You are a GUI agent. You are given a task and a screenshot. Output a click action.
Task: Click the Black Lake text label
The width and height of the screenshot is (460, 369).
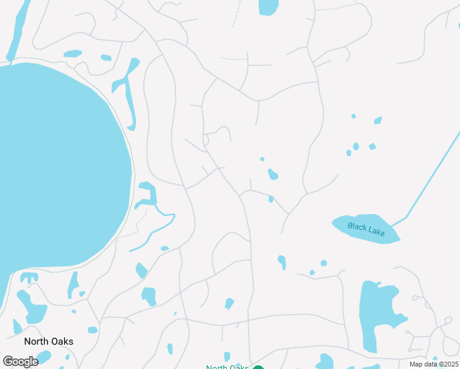(x=366, y=228)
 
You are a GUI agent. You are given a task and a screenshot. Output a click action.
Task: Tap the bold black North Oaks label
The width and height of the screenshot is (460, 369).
(x=49, y=341)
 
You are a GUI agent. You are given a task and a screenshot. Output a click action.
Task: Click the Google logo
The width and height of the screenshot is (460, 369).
(x=20, y=362)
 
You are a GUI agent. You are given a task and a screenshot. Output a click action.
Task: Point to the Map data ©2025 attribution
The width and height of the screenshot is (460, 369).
(x=434, y=364)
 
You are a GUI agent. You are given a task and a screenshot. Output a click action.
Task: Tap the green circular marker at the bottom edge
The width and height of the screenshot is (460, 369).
(x=258, y=367)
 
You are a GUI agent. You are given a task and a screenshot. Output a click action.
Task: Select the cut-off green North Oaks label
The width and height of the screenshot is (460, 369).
(x=227, y=367)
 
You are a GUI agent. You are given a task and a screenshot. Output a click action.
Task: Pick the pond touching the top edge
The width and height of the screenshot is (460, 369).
(x=268, y=7)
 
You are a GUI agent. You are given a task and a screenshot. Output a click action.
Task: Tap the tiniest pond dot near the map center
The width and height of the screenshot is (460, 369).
(x=262, y=159)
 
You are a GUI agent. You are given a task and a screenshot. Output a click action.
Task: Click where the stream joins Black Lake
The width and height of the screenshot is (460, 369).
(x=392, y=224)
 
